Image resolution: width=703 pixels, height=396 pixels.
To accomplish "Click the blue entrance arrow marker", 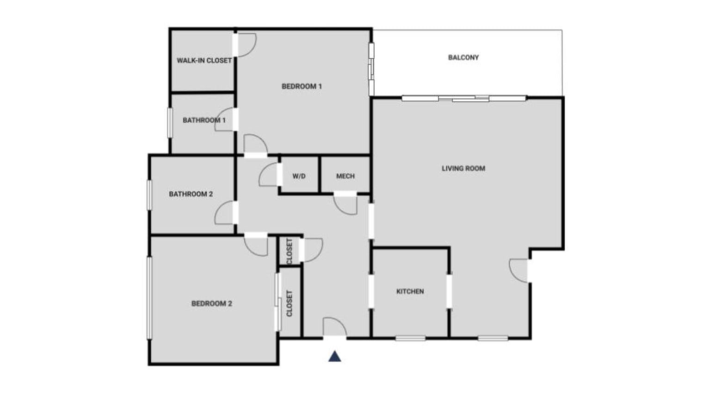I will pos(335,356).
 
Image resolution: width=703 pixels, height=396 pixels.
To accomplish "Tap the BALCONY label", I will pos(463,57).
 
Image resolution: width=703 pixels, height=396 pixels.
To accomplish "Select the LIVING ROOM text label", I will pos(463,169).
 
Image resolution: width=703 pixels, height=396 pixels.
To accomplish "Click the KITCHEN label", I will pos(410,291).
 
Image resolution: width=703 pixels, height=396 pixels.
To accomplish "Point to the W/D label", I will pos(299,176).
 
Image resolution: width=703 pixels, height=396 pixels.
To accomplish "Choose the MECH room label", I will pos(345,176).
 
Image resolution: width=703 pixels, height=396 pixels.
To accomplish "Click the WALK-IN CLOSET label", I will pos(204,61).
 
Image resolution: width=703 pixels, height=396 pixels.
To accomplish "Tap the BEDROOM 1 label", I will pos(302,86).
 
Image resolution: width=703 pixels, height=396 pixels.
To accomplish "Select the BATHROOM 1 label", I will pos(204,120).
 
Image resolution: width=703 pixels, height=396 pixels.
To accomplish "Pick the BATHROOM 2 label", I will pos(191,194).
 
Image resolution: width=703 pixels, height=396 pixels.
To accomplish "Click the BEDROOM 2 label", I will pos(211,304).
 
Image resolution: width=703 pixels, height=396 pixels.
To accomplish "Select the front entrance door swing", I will pos(334,326).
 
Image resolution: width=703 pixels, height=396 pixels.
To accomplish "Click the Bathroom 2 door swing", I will pos(225,213).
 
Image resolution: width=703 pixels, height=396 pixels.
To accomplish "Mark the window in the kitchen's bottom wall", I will pos(410,339).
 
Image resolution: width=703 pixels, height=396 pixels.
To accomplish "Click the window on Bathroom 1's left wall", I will pos(170,123).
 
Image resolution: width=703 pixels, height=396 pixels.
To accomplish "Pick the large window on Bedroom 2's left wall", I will pos(149,298).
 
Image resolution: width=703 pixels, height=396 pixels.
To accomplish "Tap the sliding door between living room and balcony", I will pos(464,98).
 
